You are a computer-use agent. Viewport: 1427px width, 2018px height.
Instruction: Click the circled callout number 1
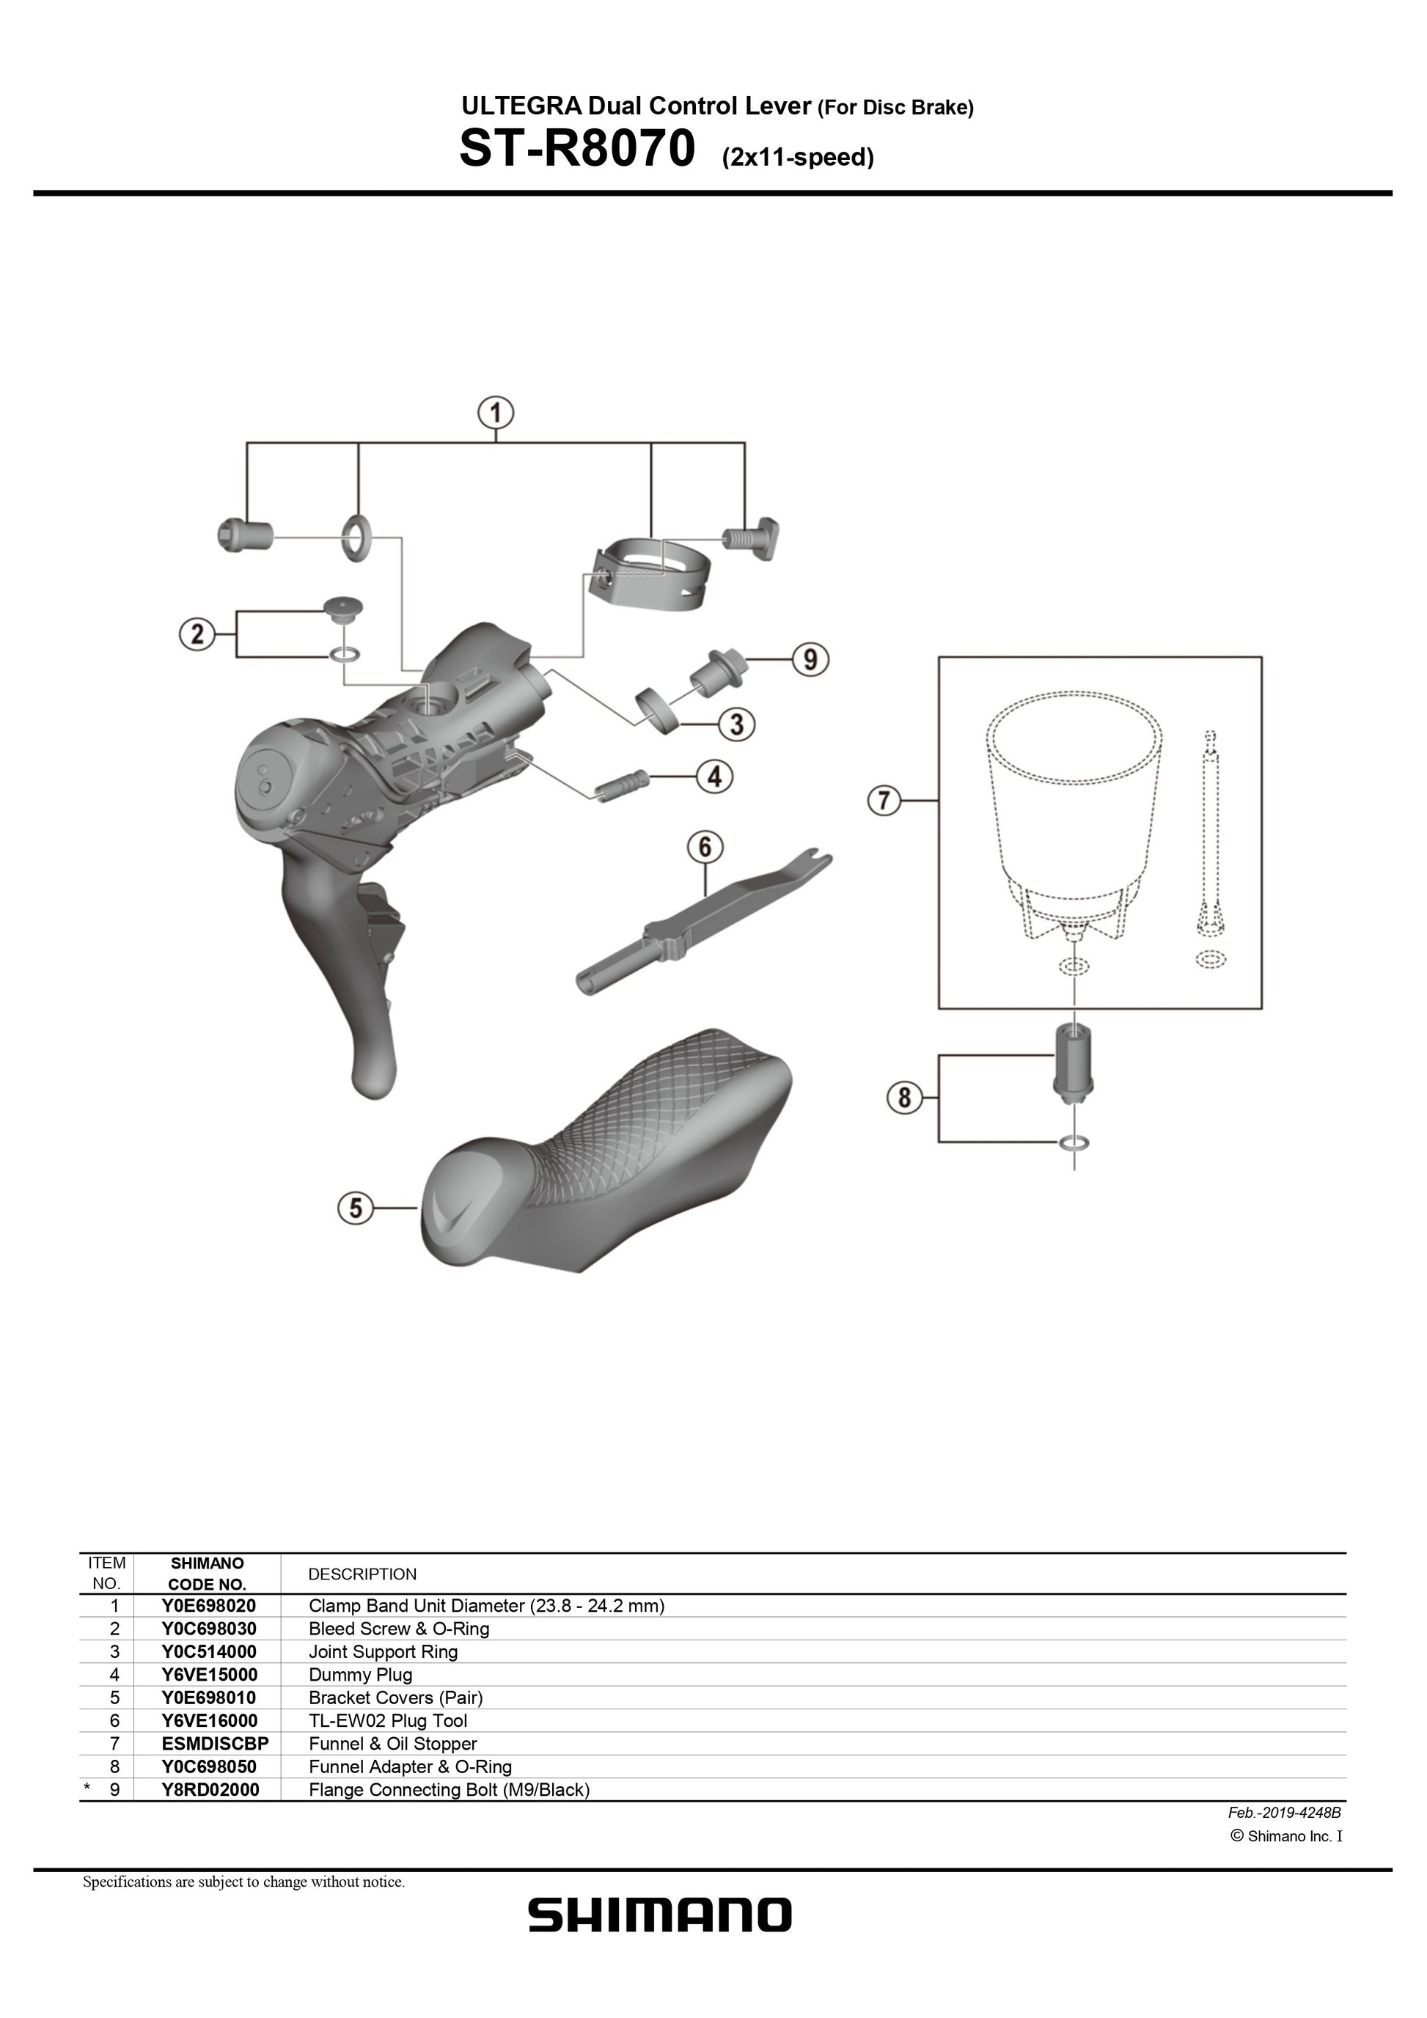coord(496,413)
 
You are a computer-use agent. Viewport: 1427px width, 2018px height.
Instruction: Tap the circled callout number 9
coord(810,658)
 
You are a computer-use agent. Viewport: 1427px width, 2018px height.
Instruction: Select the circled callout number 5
coord(356,1208)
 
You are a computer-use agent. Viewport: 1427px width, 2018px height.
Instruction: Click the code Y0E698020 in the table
coord(208,1606)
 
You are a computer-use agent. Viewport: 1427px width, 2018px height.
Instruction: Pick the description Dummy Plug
coord(360,1674)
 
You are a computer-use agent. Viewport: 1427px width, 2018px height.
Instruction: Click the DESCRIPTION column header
coord(362,1574)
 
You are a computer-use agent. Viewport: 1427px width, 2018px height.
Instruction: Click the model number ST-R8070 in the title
coord(577,150)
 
